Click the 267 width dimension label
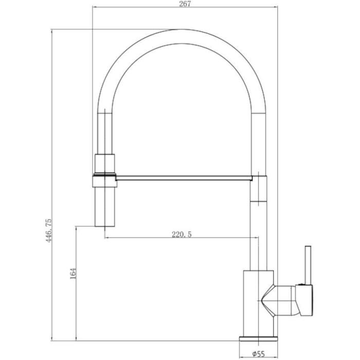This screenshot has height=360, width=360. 185,4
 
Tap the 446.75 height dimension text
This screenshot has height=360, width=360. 49,231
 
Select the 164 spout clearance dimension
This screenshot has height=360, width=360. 73,273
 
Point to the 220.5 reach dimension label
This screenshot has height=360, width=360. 182,235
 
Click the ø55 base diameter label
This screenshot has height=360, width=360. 259,354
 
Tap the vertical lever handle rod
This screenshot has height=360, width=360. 308,265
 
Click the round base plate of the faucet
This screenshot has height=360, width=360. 258,338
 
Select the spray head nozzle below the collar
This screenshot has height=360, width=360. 105,207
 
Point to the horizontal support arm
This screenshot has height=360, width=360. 184,178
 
